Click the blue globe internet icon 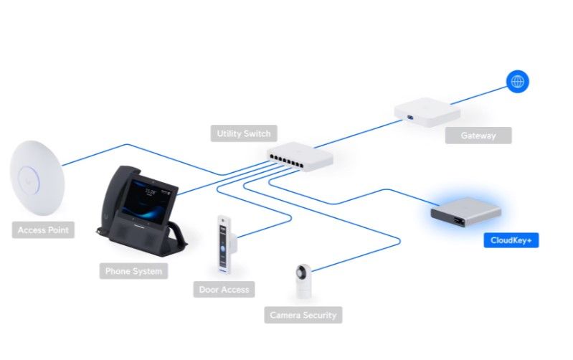tap(518, 82)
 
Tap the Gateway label tap(478, 136)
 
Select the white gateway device tap(427, 112)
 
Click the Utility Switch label tap(244, 133)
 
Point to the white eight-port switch tap(300, 156)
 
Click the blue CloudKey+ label tap(511, 240)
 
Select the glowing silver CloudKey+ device tap(466, 213)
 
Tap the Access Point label tap(43, 230)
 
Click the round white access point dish tap(37, 178)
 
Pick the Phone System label tap(133, 271)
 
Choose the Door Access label tap(224, 290)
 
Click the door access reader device tap(224, 244)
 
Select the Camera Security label tap(303, 315)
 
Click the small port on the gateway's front tap(410, 118)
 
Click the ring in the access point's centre tap(28, 179)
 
